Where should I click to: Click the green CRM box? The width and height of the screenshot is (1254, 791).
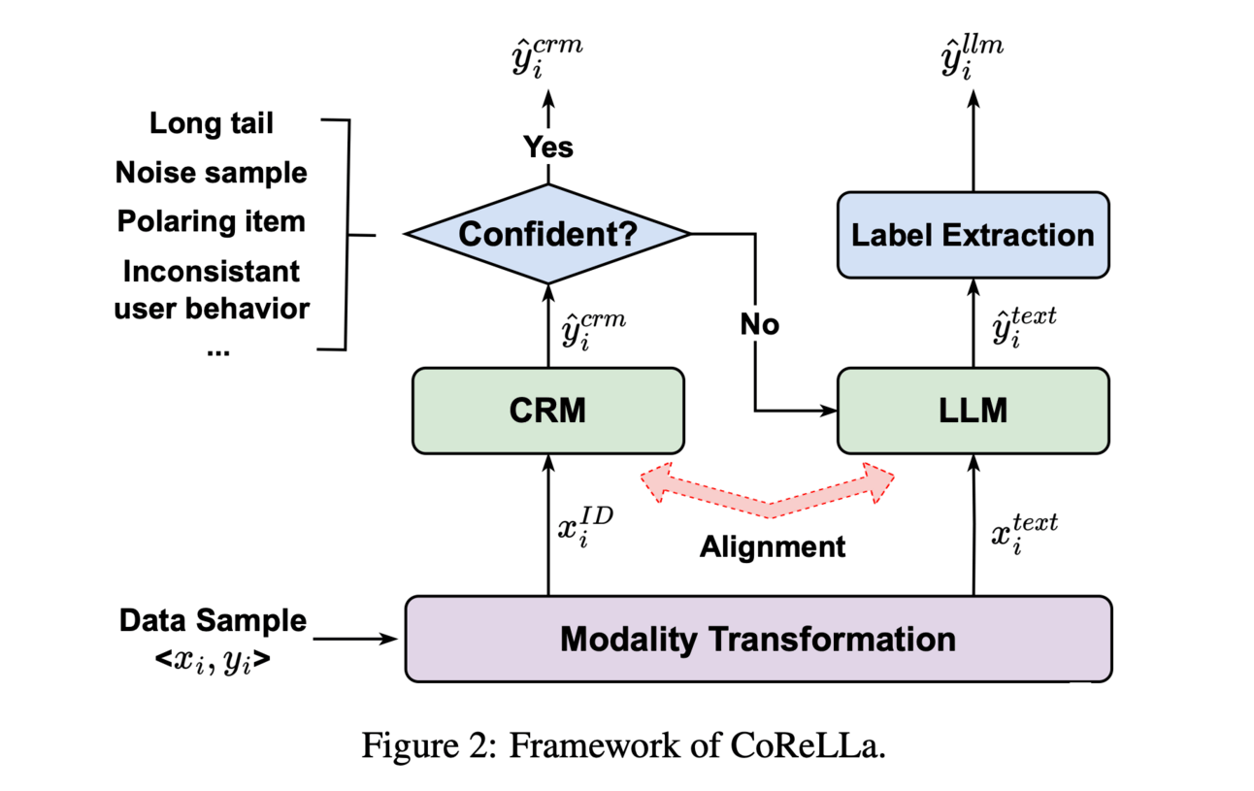547,410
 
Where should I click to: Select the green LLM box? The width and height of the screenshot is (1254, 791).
973,410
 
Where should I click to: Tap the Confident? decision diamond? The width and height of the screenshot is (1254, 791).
547,234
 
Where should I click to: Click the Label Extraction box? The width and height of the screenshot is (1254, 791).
973,234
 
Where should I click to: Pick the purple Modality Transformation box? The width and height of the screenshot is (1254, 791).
757,639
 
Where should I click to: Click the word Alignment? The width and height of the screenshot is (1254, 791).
773,545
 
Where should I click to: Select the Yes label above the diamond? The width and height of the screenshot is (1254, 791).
548,147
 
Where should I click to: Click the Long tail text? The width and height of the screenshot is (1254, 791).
211,123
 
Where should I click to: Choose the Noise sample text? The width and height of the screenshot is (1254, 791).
211,172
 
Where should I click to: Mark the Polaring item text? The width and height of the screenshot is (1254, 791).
211,221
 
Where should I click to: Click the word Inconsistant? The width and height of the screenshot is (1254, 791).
211,271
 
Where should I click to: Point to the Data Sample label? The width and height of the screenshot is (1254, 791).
213,621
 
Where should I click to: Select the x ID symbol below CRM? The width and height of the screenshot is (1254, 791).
584,526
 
